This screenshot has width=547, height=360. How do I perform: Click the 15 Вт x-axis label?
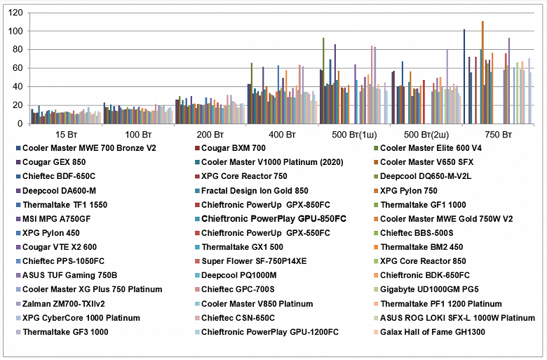point(62,133)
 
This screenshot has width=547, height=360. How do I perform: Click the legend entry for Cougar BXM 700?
point(234,148)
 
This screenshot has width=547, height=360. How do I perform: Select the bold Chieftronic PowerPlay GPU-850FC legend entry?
point(273,219)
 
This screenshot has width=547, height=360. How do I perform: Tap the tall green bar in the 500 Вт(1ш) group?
point(323,81)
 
